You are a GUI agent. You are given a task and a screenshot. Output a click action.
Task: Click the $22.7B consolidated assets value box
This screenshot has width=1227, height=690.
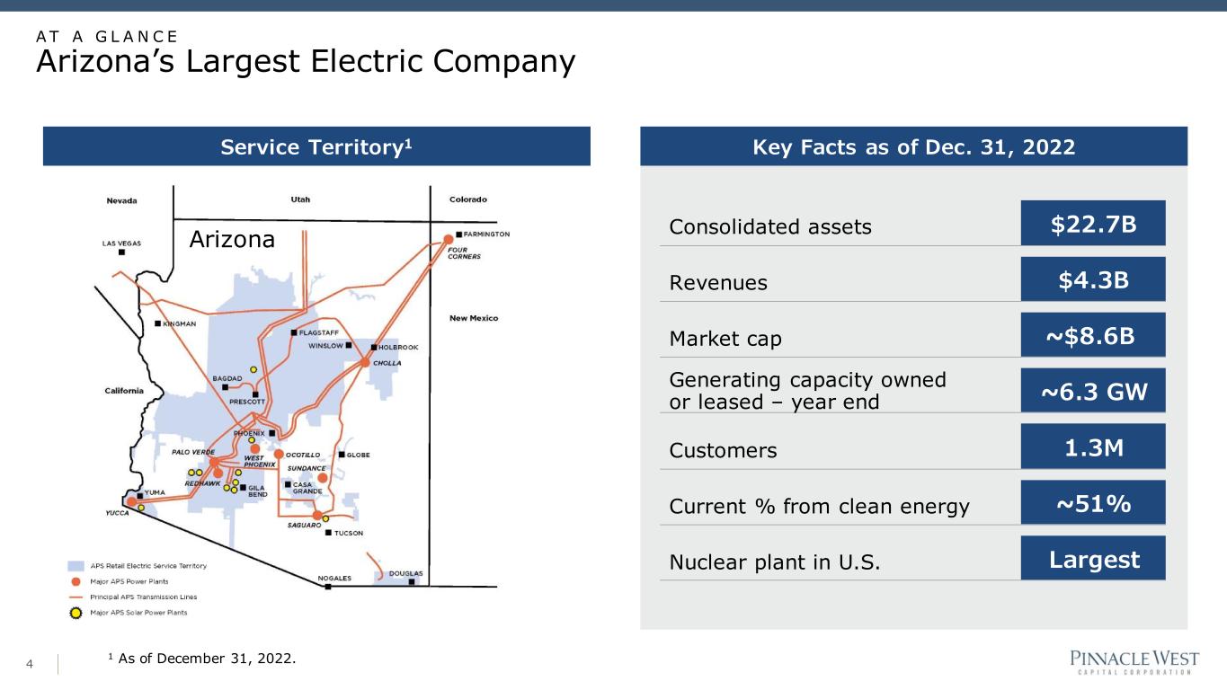coord(1093,223)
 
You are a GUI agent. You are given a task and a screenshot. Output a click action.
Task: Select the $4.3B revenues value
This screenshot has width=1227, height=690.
coord(1093,279)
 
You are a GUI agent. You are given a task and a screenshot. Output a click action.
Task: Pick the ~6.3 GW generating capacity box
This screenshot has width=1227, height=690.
coord(1093,391)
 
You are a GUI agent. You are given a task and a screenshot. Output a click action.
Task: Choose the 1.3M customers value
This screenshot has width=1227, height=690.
coord(1093,447)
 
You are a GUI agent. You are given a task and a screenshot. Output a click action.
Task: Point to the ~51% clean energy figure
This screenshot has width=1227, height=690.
coord(1093,503)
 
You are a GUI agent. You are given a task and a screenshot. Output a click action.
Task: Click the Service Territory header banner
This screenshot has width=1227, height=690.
coord(316,146)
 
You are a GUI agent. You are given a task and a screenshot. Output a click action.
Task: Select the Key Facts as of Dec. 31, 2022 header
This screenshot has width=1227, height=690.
coord(913,146)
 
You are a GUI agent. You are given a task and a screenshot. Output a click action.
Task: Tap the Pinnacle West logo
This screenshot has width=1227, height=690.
coord(1134,662)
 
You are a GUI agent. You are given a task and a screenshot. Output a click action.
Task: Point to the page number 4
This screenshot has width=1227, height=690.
coord(30,664)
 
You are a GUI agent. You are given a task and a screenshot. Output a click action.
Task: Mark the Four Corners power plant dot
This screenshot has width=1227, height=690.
coord(448,239)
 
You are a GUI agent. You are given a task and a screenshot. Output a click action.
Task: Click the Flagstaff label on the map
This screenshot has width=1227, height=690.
coord(319,333)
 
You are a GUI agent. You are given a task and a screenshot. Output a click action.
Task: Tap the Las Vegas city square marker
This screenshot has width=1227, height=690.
coord(121,252)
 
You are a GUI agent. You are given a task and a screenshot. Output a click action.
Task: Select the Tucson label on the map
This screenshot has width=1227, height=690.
coord(349,533)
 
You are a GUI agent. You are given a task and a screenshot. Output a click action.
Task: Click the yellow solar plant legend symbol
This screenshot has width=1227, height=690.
coord(76,613)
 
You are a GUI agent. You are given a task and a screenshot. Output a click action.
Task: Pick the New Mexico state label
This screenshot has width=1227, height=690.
coord(474,318)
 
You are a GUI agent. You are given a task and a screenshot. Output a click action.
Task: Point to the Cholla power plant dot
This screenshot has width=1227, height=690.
coord(365,363)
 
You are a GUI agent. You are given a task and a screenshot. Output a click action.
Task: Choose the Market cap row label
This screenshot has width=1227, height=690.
coord(725,339)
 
